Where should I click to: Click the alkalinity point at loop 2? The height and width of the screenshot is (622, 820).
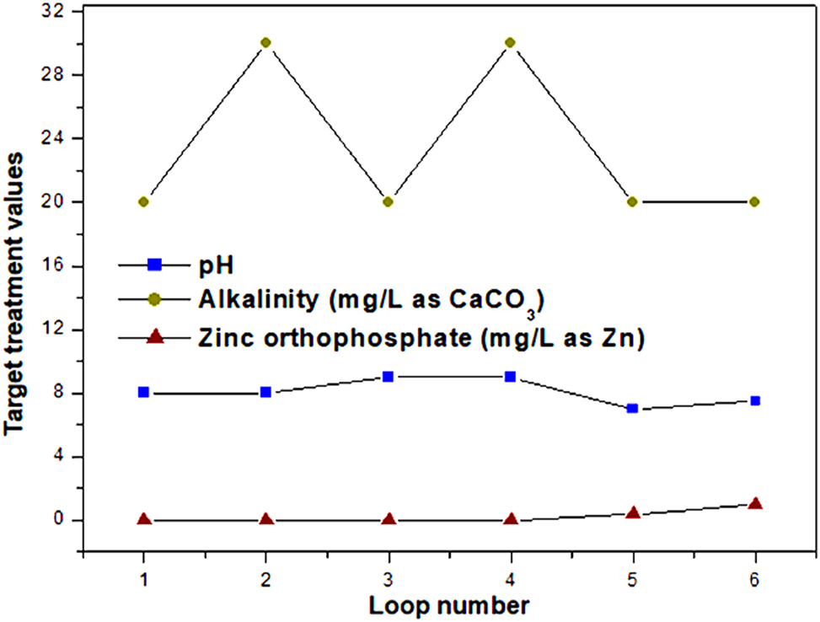click(x=266, y=42)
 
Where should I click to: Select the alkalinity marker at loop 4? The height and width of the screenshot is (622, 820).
click(x=510, y=42)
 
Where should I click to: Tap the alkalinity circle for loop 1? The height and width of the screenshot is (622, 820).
click(x=144, y=201)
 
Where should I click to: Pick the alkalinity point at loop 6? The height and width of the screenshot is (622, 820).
click(x=754, y=201)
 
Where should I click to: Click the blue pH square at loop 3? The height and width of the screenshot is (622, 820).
click(x=389, y=376)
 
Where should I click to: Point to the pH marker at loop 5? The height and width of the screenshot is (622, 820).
click(x=632, y=408)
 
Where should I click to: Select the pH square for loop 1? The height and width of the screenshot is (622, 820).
click(x=144, y=392)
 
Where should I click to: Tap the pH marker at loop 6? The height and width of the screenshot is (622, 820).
click(x=754, y=400)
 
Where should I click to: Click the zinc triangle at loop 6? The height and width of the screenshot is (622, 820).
click(x=754, y=503)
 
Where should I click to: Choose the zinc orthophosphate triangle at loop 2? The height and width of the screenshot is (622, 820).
click(x=266, y=519)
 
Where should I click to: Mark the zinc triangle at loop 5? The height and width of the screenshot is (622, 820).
click(x=632, y=512)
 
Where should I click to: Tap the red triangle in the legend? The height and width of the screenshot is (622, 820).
click(x=154, y=338)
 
